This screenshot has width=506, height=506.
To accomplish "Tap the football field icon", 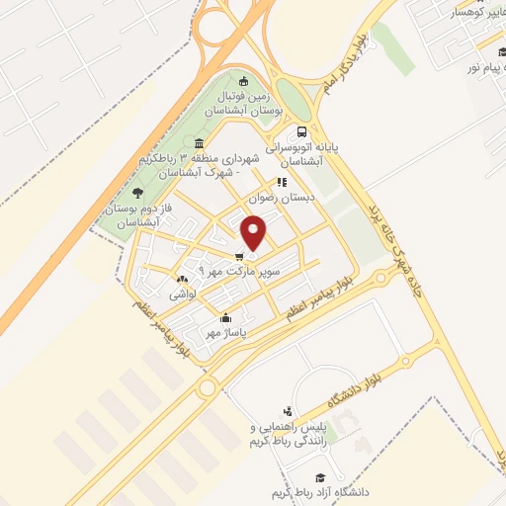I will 245,80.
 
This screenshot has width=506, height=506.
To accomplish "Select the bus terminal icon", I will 301,130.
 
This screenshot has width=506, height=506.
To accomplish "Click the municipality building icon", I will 201,146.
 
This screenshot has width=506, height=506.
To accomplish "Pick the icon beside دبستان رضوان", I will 282,182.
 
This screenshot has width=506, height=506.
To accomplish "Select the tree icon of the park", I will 136,194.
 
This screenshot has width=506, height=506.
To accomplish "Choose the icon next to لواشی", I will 180,280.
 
